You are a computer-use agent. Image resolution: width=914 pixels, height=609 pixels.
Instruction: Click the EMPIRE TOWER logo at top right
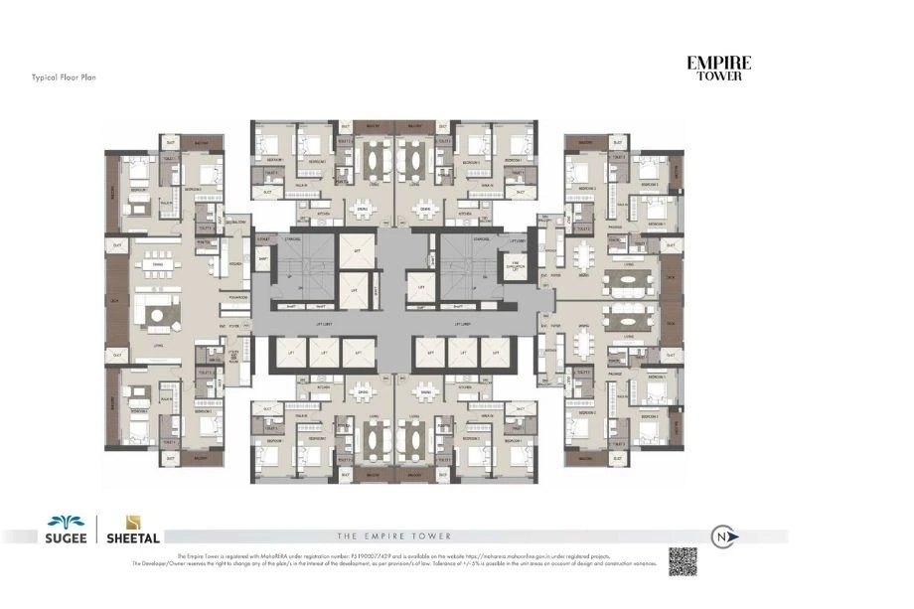[x=718, y=68]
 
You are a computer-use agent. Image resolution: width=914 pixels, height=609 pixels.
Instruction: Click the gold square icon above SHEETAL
[x=131, y=523]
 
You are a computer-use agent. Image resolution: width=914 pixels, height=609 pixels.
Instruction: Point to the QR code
[x=683, y=561]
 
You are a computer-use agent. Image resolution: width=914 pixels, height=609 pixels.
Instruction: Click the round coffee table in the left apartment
[x=159, y=315]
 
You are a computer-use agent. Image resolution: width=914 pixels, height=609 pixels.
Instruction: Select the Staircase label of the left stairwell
[x=292, y=239]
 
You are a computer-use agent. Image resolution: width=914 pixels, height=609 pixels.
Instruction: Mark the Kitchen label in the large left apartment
[x=235, y=264]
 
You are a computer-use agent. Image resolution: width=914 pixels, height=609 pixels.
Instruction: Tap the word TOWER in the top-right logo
[x=718, y=76]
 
